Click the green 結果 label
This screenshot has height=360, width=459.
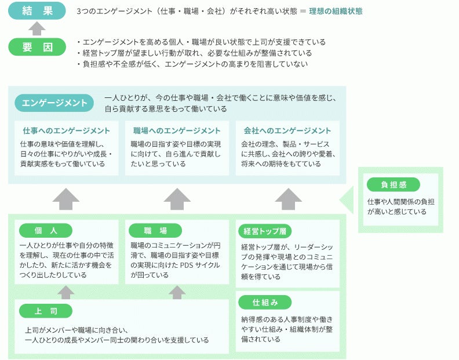coord(37,10)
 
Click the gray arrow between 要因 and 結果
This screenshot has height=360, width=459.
coord(37,29)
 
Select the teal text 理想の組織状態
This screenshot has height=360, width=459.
coord(336,11)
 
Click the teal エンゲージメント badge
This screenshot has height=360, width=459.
coord(54,103)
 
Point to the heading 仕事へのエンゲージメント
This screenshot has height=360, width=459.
coord(66,130)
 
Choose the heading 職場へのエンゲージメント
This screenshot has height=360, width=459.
coord(177,130)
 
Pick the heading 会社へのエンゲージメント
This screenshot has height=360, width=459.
coord(287,130)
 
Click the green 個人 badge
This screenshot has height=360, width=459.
coord(46,231)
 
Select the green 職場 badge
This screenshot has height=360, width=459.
coord(155,231)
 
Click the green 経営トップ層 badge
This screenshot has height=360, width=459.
coord(264,231)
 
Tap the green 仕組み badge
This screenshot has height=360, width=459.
coord(265,302)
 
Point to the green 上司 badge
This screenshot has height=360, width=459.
coord(46,311)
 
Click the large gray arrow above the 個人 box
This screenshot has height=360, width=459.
coord(66,198)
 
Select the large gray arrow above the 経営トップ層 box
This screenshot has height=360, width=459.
coord(288,198)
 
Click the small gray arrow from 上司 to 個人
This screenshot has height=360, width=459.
coord(66,292)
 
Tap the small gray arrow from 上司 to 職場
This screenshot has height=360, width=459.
coord(177,292)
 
